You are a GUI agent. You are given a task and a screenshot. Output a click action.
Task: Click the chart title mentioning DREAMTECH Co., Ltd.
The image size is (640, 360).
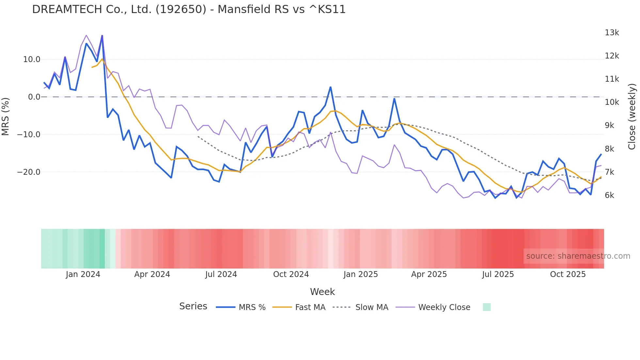[x=189, y=9]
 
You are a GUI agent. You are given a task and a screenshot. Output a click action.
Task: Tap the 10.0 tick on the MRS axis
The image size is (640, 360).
[x=32, y=59]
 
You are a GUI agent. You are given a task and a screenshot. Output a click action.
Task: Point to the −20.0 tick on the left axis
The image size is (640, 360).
[x=29, y=172]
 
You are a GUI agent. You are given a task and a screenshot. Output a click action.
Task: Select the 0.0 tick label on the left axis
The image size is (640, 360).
[x=34, y=97]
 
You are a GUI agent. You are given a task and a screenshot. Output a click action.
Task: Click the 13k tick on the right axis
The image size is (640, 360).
[x=612, y=33]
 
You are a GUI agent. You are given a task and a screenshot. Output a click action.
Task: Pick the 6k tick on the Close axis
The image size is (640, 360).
[x=609, y=195]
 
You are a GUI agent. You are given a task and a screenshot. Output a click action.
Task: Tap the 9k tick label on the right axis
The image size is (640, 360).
[x=609, y=125]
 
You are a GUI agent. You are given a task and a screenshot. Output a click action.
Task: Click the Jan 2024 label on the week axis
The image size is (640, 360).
[x=83, y=274]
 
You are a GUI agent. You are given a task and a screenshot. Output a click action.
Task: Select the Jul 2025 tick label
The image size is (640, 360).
[x=498, y=274]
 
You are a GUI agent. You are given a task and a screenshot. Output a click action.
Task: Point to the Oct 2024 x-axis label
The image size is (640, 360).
[x=291, y=274]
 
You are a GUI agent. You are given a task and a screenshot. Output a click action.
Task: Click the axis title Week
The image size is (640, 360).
[x=322, y=292]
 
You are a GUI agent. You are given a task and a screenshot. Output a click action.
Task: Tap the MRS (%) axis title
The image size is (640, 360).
[x=6, y=116]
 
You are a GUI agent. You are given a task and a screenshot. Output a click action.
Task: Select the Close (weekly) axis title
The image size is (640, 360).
[x=632, y=116]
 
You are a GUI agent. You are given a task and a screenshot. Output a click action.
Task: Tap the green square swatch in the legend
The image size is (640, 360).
[x=487, y=307]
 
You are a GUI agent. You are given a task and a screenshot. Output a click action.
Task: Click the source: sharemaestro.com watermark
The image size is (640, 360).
[x=578, y=256]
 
